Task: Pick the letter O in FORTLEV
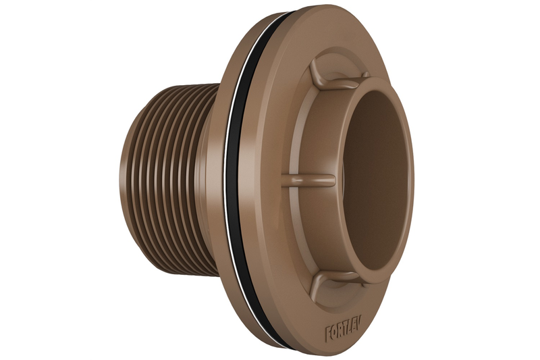click(x=335, y=331)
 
